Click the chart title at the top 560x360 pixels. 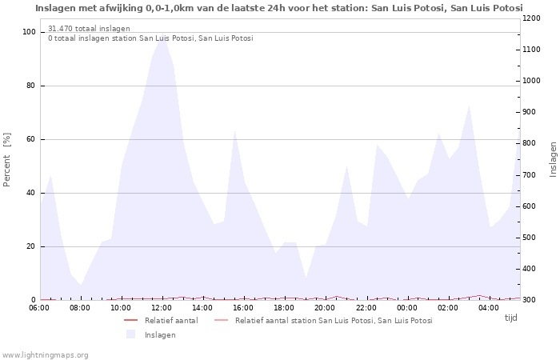(x=278, y=8)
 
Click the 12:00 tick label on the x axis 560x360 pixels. (x=162, y=307)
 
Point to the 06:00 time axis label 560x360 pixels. (x=40, y=307)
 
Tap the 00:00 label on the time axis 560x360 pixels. (x=407, y=307)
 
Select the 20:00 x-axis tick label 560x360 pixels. (x=325, y=307)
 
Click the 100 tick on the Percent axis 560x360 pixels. (x=29, y=32)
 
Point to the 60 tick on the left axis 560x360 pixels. (x=31, y=139)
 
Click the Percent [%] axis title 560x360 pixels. (x=7, y=160)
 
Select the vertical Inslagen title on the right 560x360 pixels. (x=553, y=158)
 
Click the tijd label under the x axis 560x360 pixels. (x=510, y=318)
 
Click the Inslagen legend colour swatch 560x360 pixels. (x=131, y=334)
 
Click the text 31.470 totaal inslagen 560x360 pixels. (x=89, y=29)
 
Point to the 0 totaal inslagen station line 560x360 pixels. (x=150, y=38)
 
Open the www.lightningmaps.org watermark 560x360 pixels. (x=45, y=354)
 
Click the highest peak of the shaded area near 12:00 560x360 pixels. (x=162, y=34)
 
